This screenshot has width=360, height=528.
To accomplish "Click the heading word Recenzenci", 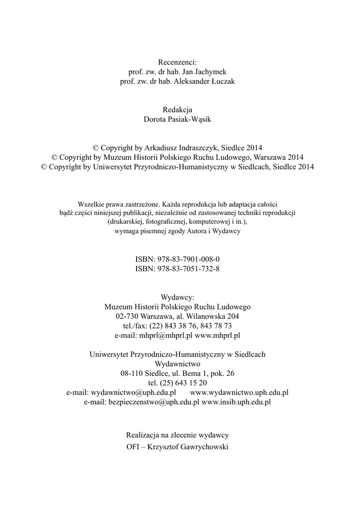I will pos(177,62).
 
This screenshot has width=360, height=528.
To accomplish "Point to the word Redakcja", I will pos(177,109).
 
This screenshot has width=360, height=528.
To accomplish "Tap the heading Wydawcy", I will pos(177,296).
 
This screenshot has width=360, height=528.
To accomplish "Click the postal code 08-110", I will pos(132,373).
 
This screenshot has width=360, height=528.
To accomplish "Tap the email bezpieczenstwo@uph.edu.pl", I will pos(154,402).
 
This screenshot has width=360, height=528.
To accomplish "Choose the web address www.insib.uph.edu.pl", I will pos(236,402).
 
